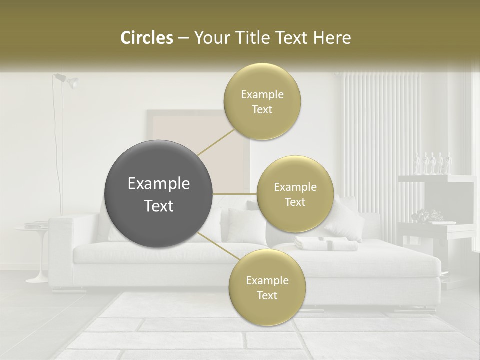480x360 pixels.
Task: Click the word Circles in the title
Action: pos(146,38)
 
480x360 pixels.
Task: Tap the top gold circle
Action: pos(262,102)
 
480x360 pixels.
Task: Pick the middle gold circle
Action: pos(295,194)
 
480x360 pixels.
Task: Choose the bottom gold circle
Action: pos(267,287)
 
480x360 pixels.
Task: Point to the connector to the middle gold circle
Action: pos(235,194)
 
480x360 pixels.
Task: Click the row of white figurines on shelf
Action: pos(433,163)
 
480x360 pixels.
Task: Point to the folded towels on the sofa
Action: pos(325,243)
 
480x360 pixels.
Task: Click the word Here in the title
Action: pos(333,38)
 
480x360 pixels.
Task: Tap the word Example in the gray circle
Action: pos(159,184)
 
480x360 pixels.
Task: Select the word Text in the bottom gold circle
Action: pos(267,295)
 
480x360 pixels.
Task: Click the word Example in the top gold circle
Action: pos(262,95)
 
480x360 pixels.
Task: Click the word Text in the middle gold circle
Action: pos(295,202)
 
